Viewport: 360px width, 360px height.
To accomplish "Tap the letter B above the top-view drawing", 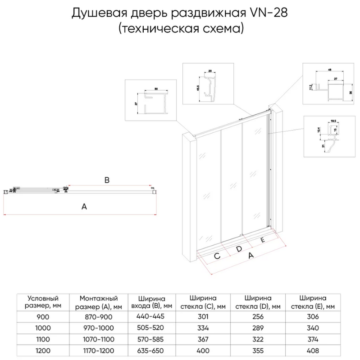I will (107, 180).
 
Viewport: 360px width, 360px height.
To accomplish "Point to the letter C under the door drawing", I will (217, 256).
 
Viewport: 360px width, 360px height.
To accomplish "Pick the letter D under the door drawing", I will (239, 249).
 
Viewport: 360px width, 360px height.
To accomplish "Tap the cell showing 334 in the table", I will (204, 328).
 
